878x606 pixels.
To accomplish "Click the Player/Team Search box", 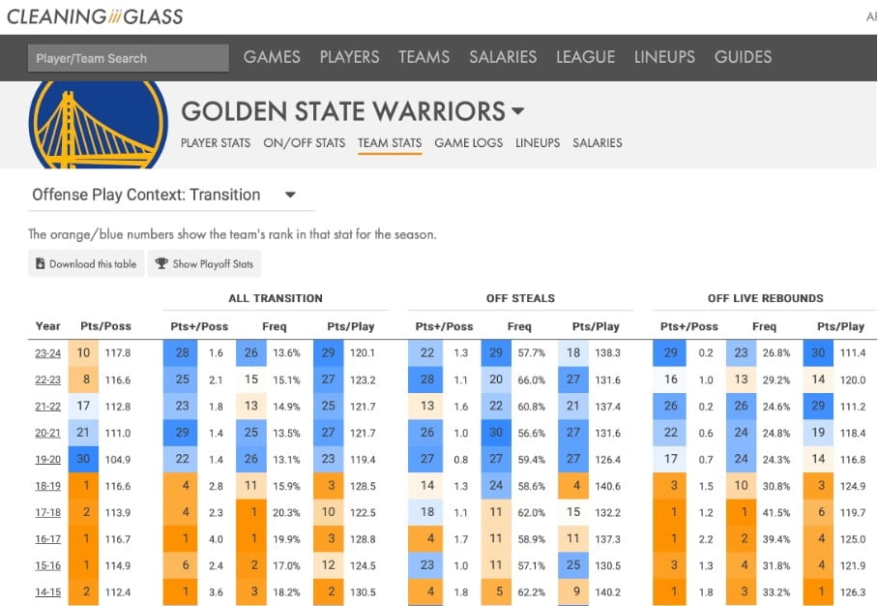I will (x=128, y=58).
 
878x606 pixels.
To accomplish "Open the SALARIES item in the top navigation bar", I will (x=503, y=57).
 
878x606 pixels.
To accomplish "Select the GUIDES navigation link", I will (x=743, y=57).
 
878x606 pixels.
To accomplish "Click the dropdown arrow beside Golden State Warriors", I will (x=518, y=111).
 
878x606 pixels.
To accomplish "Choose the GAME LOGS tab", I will (x=468, y=143).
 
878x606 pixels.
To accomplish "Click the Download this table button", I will (x=86, y=263).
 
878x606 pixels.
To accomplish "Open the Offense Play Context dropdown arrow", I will (x=290, y=195).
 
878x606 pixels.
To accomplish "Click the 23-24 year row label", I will (x=46, y=353).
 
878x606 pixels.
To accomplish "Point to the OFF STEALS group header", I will (x=520, y=298).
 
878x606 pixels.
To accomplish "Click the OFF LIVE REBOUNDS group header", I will (x=765, y=298).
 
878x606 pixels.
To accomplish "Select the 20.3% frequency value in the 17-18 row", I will (x=280, y=513).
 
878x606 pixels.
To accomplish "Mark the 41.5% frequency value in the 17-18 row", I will (x=765, y=513).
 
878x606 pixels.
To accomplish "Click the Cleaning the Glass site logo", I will (x=95, y=16).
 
